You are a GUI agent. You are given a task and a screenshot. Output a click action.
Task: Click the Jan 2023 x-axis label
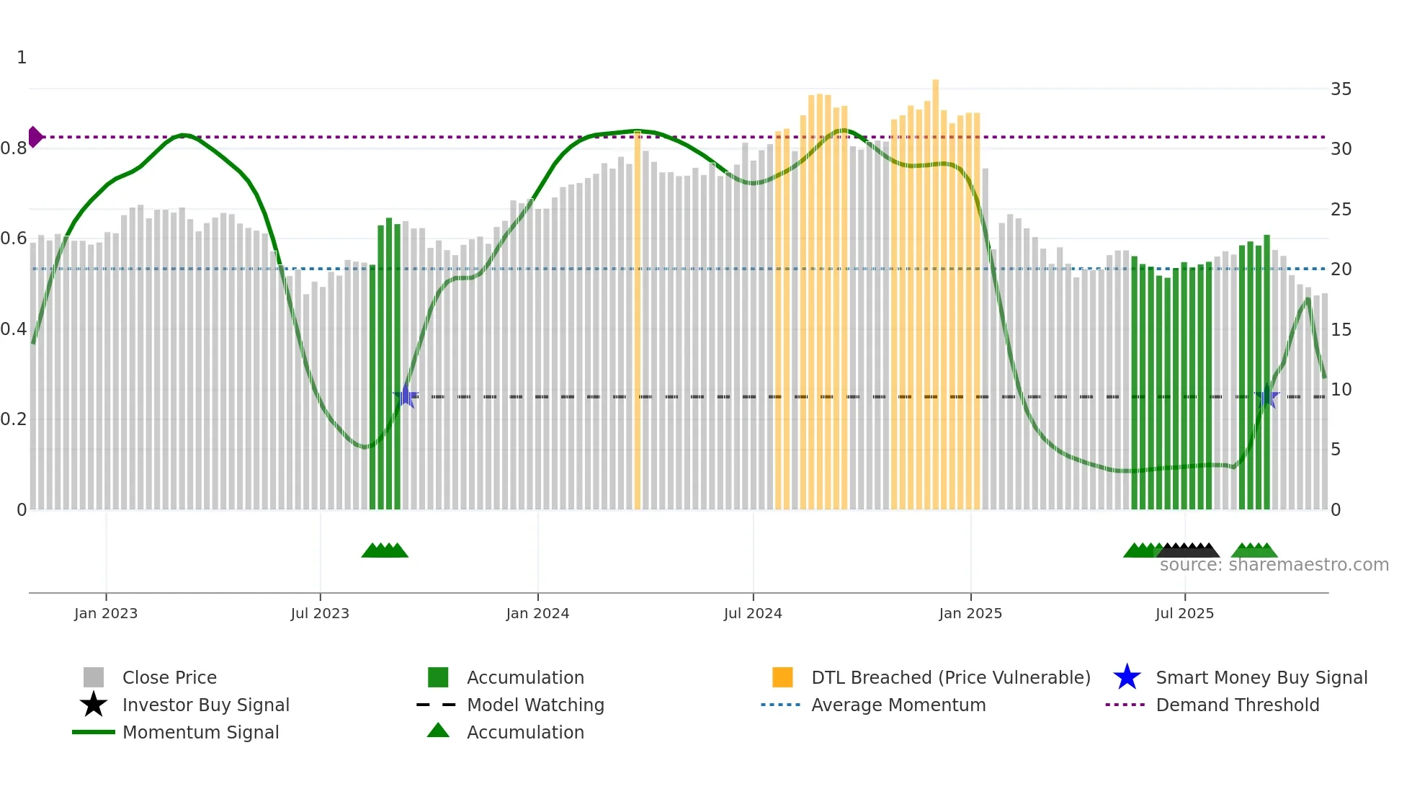(x=106, y=613)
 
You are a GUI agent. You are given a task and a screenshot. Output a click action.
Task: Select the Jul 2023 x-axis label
(x=320, y=613)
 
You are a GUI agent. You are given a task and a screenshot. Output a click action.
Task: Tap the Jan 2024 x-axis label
(x=537, y=613)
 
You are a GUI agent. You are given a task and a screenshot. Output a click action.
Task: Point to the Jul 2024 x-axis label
(x=753, y=613)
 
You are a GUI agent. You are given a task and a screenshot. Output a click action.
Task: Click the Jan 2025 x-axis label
(x=970, y=613)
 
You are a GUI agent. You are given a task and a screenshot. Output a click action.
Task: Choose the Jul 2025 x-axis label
(x=1184, y=613)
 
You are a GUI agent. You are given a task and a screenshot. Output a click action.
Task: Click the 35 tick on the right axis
(x=1341, y=89)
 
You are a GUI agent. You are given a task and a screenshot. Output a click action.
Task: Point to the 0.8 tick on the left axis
(x=14, y=148)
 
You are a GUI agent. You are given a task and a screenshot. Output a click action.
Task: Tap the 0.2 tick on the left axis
(x=14, y=419)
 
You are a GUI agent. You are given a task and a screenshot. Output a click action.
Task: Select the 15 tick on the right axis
(x=1341, y=329)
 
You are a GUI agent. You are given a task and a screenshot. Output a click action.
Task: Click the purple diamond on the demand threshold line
(x=35, y=137)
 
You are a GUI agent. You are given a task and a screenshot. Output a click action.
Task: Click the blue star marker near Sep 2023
(x=406, y=396)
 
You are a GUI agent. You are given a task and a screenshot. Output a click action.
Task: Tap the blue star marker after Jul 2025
(x=1266, y=396)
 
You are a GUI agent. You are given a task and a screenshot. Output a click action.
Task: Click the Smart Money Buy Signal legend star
(x=1127, y=677)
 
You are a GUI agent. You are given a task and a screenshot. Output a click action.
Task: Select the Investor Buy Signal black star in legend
(x=94, y=705)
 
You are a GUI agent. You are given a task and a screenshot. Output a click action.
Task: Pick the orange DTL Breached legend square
(x=782, y=677)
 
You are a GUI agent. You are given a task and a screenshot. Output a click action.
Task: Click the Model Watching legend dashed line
(x=437, y=705)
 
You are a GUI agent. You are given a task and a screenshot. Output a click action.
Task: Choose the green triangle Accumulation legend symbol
(x=438, y=731)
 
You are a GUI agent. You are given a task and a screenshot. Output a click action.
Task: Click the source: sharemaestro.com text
(x=1274, y=565)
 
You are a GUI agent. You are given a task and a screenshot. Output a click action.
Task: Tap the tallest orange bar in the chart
(x=935, y=288)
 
